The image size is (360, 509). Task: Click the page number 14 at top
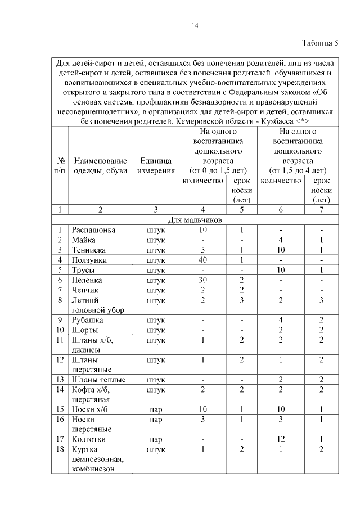coord(195,25)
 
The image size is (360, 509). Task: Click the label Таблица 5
coord(321,43)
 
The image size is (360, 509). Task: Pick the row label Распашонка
coord(93,230)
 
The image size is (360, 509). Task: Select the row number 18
coord(59,449)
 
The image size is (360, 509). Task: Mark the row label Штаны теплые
coord(98,380)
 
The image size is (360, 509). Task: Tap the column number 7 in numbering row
coord(321,210)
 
